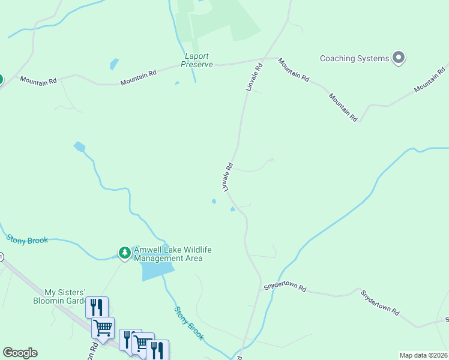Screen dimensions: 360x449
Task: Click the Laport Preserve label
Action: pyautogui.click(x=197, y=60)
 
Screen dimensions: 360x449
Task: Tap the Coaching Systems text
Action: pyautogui.click(x=354, y=58)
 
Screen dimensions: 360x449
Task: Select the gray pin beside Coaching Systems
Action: pyautogui.click(x=399, y=58)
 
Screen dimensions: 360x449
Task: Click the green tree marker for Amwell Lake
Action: pyautogui.click(x=124, y=253)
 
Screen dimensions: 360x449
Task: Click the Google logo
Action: pyautogui.click(x=20, y=353)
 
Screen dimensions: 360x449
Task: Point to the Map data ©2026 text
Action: pyautogui.click(x=424, y=355)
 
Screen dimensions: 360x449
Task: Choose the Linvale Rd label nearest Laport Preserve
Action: pyautogui.click(x=255, y=77)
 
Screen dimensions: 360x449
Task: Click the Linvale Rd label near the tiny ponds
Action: pyautogui.click(x=228, y=176)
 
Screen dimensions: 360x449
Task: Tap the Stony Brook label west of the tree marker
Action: pyautogui.click(x=27, y=239)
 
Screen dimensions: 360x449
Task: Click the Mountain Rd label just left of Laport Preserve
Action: pyautogui.click(x=138, y=77)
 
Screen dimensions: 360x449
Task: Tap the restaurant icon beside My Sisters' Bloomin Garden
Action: pyautogui.click(x=95, y=307)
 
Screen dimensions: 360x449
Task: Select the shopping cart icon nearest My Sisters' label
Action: pyautogui.click(x=103, y=328)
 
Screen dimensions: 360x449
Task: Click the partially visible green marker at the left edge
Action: pyautogui.click(x=1, y=79)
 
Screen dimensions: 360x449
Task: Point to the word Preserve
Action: pyautogui.click(x=197, y=64)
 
